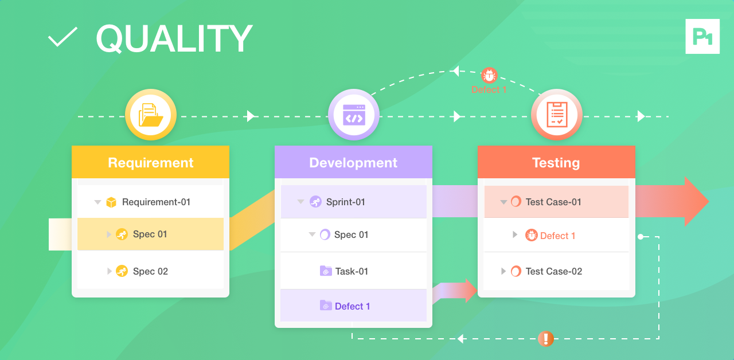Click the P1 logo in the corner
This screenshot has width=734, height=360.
702,36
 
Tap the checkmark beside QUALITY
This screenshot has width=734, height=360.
63,37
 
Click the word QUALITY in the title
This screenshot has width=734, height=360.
174,38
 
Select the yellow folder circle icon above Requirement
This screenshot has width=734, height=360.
151,115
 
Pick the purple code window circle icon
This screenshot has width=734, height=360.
354,115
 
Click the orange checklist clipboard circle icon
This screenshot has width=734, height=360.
557,115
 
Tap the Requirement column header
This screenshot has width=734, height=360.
150,162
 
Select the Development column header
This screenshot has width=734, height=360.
353,162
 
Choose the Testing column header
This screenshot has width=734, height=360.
556,162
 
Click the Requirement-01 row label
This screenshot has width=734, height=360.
157,202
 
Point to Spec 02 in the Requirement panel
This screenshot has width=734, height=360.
150,271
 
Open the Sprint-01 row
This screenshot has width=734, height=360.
346,202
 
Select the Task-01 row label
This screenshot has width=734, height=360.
352,271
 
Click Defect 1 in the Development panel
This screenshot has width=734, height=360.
352,306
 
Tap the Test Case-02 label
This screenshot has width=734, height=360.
554,271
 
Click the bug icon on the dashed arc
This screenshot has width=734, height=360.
489,75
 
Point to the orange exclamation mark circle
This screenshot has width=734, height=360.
546,338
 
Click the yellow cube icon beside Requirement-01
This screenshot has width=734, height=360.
111,202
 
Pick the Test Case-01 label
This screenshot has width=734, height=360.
553,202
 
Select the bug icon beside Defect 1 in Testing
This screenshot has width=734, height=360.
531,235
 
